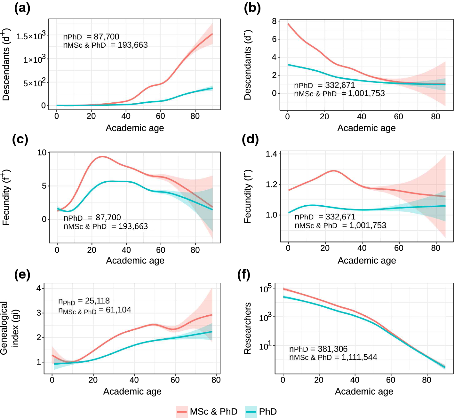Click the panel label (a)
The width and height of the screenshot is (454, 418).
[x=22, y=8]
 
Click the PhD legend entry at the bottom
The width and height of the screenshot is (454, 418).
[x=261, y=412]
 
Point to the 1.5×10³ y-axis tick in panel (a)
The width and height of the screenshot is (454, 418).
[x=31, y=36]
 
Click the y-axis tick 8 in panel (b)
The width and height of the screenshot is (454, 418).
[x=274, y=21]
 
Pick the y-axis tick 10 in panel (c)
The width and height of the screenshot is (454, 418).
[x=42, y=153]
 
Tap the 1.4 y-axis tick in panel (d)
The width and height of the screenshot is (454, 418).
[x=271, y=154]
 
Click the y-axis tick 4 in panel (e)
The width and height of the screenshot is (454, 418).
[x=39, y=288]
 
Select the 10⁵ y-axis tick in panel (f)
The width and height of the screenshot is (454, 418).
[x=265, y=289]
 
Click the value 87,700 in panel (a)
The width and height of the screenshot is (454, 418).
[x=106, y=37]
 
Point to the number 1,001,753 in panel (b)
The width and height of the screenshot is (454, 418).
[x=366, y=93]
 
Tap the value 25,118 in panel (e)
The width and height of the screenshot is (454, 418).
[x=97, y=301]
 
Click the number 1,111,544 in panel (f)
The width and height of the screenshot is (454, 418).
[x=359, y=357]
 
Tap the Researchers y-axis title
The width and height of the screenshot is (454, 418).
[x=248, y=328]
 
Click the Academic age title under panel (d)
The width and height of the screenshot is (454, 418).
[x=367, y=261]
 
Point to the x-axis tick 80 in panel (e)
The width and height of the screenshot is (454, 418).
[x=216, y=380]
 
